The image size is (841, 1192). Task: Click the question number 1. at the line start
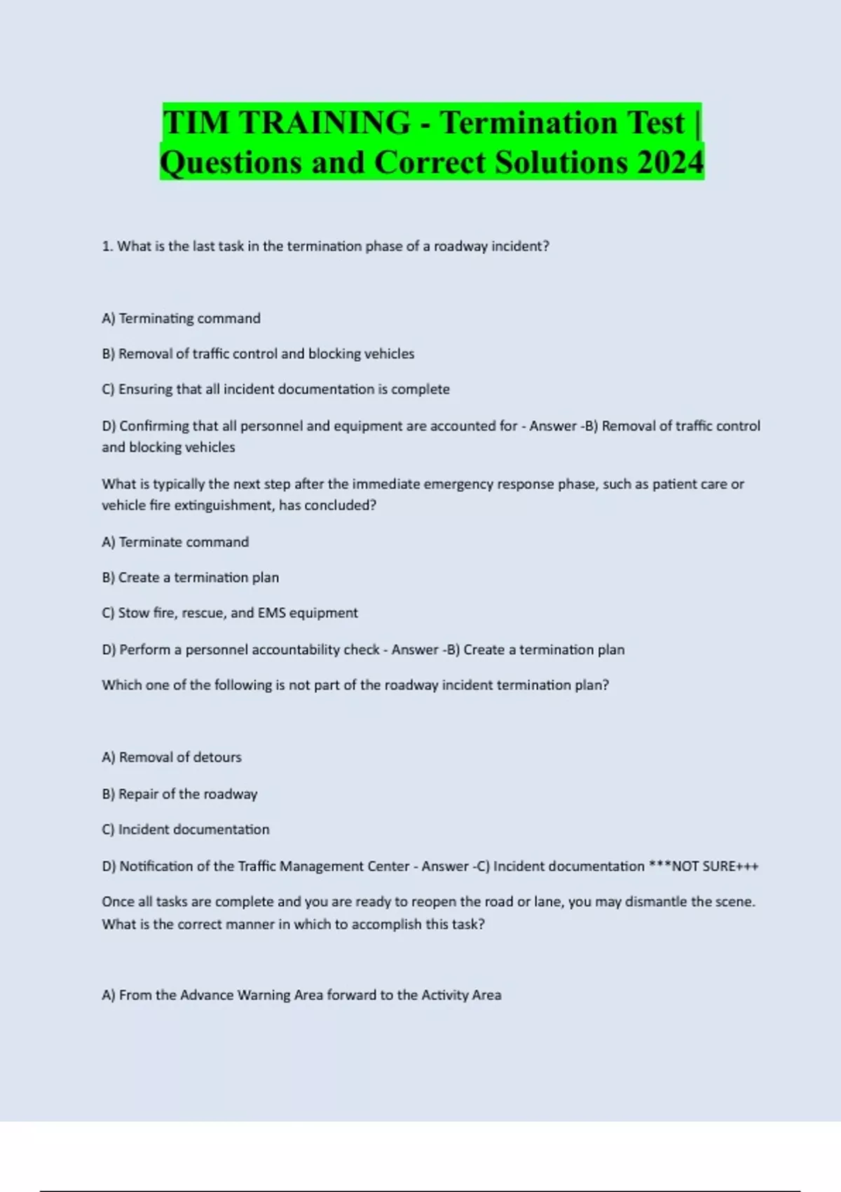[107, 246]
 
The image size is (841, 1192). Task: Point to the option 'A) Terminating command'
[181, 318]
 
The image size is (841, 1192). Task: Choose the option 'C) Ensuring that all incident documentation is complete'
[275, 389]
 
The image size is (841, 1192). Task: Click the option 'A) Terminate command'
[175, 542]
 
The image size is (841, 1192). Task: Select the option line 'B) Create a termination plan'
[190, 578]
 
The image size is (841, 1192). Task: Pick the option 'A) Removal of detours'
[172, 757]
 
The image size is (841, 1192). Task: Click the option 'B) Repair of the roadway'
[179, 794]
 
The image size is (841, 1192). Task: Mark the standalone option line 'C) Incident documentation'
[185, 829]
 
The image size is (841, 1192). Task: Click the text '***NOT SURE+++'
[704, 867]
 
